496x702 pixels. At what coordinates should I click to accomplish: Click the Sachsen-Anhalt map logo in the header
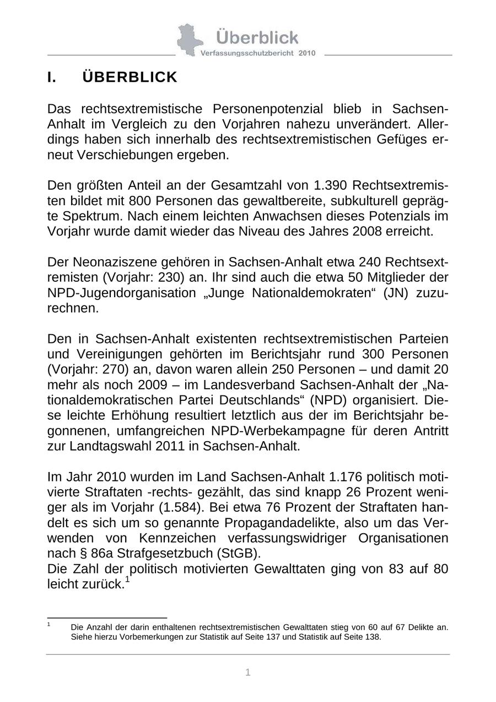pyautogui.click(x=190, y=40)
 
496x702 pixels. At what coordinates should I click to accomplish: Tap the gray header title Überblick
pyautogui.click(x=257, y=37)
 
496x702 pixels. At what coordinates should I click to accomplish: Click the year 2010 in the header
pyautogui.click(x=306, y=53)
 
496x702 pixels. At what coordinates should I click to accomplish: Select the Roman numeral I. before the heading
pyautogui.click(x=52, y=77)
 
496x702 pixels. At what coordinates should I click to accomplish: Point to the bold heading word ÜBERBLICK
pyautogui.click(x=130, y=77)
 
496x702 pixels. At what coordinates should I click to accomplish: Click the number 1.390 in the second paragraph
pyautogui.click(x=332, y=185)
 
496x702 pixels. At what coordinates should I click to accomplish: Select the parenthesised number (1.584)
pyautogui.click(x=165, y=507)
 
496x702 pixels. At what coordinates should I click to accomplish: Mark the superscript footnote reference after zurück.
pyautogui.click(x=127, y=579)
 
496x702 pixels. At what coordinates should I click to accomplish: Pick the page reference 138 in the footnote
pyautogui.click(x=373, y=637)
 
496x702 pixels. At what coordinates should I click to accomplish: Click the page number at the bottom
pyautogui.click(x=248, y=672)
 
